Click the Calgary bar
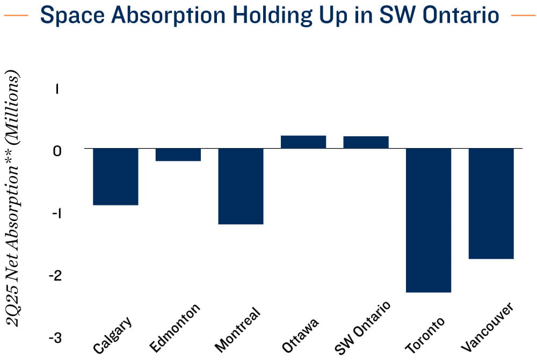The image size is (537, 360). (x=116, y=177)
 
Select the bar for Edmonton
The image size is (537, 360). (x=178, y=155)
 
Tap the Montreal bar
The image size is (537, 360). (x=241, y=186)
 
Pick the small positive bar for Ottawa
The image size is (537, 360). (x=303, y=142)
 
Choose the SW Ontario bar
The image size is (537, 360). (x=366, y=142)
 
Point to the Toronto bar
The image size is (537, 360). (x=429, y=221)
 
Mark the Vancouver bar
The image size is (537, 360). (x=491, y=204)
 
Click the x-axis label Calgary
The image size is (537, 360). (x=112, y=335)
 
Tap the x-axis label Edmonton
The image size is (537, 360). (x=175, y=328)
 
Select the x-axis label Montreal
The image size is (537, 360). (x=238, y=330)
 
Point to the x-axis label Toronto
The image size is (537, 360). (x=425, y=335)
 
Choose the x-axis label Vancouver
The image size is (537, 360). (x=488, y=327)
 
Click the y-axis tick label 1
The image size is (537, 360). (x=57, y=89)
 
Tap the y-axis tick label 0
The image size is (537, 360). (x=57, y=151)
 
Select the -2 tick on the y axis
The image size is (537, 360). (x=55, y=275)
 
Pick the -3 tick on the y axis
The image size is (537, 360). (x=55, y=338)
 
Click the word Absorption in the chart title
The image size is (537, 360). (x=168, y=16)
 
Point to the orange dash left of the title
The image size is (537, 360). (x=16, y=16)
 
